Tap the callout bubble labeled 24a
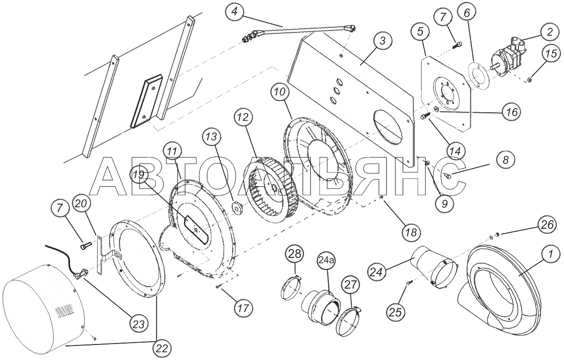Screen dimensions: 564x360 326,260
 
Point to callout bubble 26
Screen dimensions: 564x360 547,225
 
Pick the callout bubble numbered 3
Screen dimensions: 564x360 383,40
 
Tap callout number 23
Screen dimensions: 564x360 139,324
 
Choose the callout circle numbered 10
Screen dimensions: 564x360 280,92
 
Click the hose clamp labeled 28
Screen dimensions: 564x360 290,287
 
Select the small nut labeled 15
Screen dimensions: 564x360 529,80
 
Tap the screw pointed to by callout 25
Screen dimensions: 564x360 408,283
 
